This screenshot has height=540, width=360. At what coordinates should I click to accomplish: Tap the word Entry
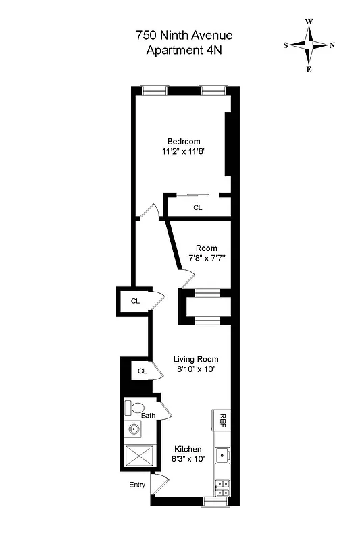[137, 485]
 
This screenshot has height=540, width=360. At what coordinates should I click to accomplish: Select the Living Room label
[196, 359]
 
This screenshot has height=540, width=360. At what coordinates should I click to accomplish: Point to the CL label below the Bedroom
[198, 208]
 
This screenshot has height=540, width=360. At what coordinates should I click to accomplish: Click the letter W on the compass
[309, 22]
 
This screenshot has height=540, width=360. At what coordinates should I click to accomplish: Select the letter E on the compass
[309, 70]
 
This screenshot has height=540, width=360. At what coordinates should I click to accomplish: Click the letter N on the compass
[332, 46]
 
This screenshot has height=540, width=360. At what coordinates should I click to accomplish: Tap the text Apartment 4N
[184, 49]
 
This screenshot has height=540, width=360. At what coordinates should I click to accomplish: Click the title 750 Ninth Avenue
[184, 35]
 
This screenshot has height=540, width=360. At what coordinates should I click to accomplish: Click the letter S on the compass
[286, 46]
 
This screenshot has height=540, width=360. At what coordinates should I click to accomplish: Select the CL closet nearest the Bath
[143, 371]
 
